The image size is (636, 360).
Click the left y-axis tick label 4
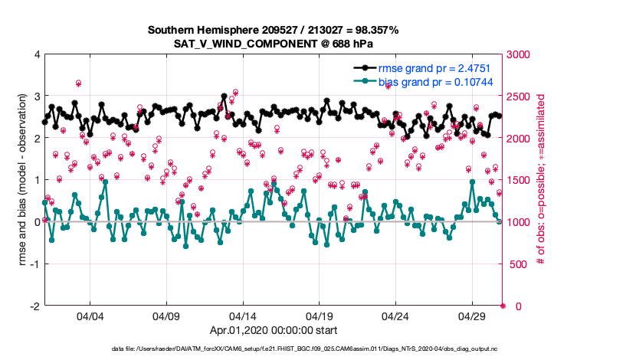pyautogui.click(x=36, y=55)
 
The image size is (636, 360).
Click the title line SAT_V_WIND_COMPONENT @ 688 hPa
pyautogui.click(x=273, y=44)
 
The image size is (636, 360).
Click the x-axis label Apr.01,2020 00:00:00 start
pyautogui.click(x=273, y=330)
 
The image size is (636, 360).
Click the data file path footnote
pyautogui.click(x=273, y=349)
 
